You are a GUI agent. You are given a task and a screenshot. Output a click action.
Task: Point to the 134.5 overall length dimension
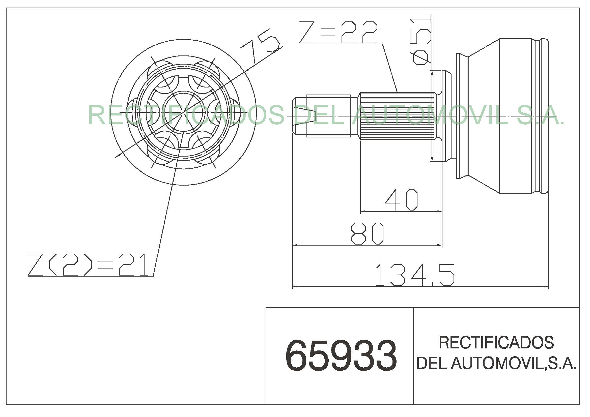click(x=415, y=275)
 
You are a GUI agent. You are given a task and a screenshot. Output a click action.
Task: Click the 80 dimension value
click(x=367, y=234)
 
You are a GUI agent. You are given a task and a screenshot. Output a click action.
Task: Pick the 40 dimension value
click(x=401, y=199)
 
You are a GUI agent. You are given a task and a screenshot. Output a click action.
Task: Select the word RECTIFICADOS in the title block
click(x=496, y=343)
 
